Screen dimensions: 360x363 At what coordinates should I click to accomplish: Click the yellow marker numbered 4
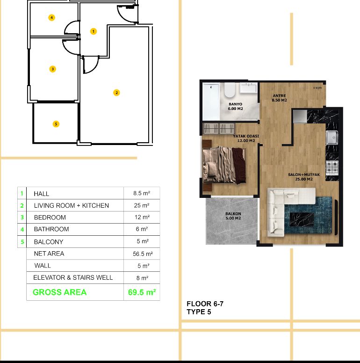(x=51, y=18)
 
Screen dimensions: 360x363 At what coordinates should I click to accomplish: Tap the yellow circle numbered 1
(x=94, y=31)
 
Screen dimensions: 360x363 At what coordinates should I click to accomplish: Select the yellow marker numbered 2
(x=116, y=93)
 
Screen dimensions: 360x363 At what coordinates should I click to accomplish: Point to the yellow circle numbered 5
(x=56, y=124)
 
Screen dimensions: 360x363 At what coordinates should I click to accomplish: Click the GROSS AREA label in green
(x=60, y=292)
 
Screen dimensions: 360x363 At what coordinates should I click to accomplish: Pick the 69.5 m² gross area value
(x=142, y=292)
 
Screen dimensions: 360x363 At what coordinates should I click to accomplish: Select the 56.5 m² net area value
(x=143, y=254)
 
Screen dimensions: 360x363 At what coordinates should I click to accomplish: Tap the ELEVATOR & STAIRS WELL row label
(x=73, y=277)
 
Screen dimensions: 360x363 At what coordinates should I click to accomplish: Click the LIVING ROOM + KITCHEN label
(x=72, y=205)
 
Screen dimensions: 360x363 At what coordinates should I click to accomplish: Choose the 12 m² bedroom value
(x=142, y=217)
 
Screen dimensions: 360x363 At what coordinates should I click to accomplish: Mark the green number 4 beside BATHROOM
(x=22, y=229)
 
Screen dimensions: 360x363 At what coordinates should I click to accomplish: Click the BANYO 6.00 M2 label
(x=235, y=107)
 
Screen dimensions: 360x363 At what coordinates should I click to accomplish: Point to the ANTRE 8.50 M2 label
(x=279, y=98)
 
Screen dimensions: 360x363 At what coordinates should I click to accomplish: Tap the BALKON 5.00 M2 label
(x=233, y=216)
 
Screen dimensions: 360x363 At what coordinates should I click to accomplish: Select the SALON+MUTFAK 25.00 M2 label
(x=304, y=177)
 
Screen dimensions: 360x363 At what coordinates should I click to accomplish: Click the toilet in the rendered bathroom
(x=230, y=90)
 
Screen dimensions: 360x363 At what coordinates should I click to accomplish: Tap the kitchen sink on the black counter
(x=332, y=138)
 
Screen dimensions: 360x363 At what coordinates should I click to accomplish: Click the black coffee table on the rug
(x=302, y=219)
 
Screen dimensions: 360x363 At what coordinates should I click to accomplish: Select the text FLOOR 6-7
(x=205, y=304)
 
